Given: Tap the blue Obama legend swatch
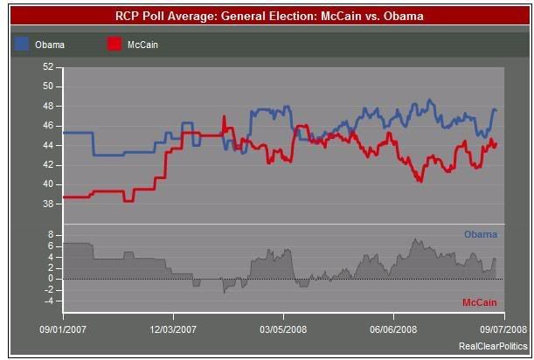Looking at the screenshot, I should [x=22, y=43].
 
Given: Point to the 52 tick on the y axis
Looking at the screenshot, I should [x=48, y=66].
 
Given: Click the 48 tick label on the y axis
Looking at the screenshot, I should [x=48, y=106].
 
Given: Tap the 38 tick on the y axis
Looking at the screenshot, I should [x=48, y=204].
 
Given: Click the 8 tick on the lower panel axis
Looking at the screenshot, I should [x=51, y=235].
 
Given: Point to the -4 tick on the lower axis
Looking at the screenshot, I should [x=49, y=301].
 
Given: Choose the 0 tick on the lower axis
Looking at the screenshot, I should [x=51, y=279].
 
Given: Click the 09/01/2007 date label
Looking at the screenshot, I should [x=63, y=329].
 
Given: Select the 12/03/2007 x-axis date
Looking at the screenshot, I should [x=173, y=329].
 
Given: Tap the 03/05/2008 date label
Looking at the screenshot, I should [x=283, y=329].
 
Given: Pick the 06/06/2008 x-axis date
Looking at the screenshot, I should [x=393, y=329].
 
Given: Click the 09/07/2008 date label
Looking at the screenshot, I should [x=502, y=329].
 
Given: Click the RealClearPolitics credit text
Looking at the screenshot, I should [x=493, y=347].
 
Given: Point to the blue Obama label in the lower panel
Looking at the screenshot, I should [x=481, y=234].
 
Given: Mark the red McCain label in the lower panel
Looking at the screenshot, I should [x=479, y=302].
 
